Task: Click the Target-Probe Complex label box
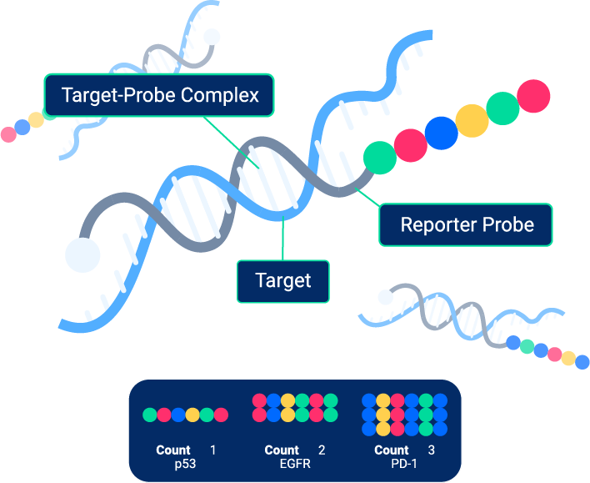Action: coord(159,94)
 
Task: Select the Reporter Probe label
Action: coord(466,224)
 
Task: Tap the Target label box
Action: coord(283,281)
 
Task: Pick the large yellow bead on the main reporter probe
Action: coord(472,120)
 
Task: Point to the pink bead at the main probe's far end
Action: coord(533,96)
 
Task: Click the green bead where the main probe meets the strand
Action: coord(379,157)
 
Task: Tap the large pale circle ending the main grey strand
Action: coord(82,254)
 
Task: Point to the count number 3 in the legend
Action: coord(432,450)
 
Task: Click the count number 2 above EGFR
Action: coord(322,450)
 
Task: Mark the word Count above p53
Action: coord(173,450)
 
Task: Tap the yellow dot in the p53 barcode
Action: coord(192,415)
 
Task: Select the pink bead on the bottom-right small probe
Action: coord(554,354)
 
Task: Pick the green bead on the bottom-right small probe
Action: coord(527,345)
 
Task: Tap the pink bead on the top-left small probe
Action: coord(8,133)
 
